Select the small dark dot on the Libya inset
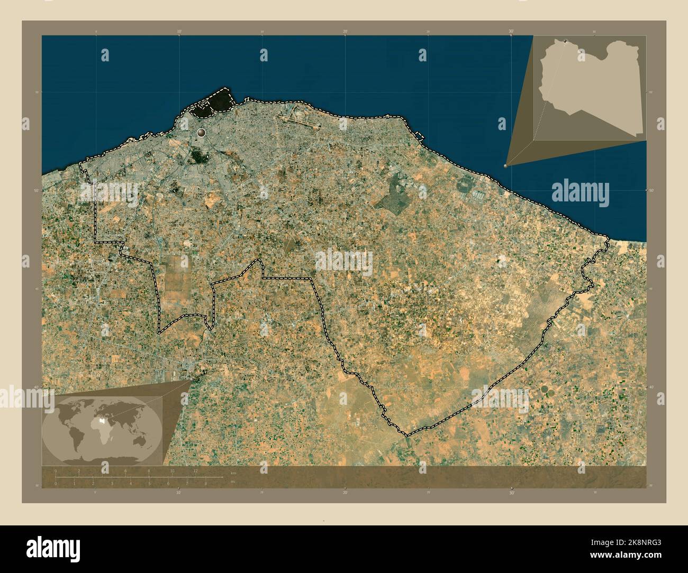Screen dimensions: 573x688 566,41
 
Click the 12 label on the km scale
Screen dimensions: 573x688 195,470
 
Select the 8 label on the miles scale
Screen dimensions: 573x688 205,483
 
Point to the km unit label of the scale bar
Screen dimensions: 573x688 233,472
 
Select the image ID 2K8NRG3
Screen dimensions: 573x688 635,541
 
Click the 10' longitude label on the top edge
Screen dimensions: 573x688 179,32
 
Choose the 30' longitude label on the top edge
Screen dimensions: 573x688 511,32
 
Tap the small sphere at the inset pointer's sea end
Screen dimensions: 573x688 505,165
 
